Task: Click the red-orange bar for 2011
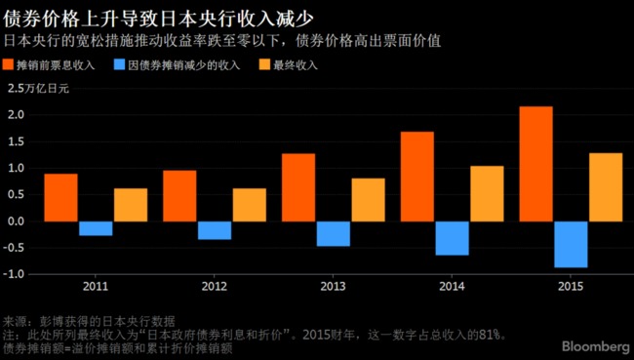click(60, 197)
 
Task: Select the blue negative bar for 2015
click(571, 244)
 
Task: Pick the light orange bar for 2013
click(368, 199)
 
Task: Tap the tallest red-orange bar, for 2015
click(535, 164)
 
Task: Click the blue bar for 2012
click(215, 230)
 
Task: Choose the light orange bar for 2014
click(487, 193)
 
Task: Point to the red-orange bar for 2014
click(417, 176)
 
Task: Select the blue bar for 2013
click(333, 233)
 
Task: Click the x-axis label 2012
click(214, 288)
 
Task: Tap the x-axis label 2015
click(570, 288)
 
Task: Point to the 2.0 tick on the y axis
click(15, 115)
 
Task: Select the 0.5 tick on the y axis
click(15, 194)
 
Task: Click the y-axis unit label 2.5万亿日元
click(38, 89)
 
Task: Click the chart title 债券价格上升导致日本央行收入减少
click(165, 18)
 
